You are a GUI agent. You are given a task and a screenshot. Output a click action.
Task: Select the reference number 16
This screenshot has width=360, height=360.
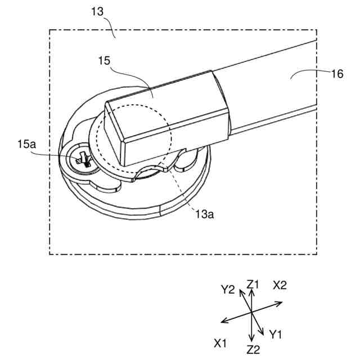[x=336, y=73]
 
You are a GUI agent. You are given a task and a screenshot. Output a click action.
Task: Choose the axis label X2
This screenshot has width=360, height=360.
[x=280, y=285]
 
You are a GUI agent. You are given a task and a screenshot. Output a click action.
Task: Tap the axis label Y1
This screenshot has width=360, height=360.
[x=275, y=335]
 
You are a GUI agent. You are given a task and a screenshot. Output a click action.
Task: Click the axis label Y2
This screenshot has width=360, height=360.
[x=227, y=290]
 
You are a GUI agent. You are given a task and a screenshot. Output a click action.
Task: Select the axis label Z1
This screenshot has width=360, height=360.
[x=253, y=285]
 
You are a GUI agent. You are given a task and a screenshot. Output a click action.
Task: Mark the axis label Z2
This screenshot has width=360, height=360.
[x=253, y=349]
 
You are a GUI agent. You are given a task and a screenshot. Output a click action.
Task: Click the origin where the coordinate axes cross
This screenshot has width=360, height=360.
[x=251, y=312]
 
